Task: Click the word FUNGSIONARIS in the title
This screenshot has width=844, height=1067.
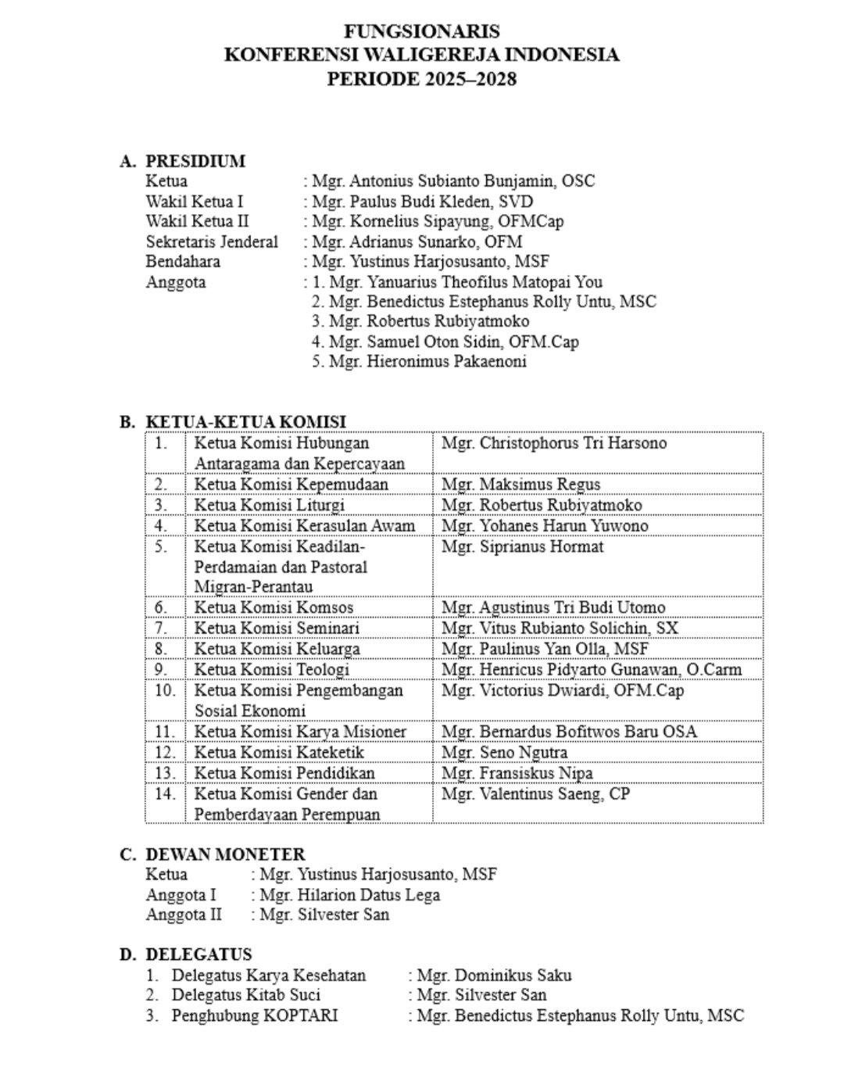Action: tap(421, 31)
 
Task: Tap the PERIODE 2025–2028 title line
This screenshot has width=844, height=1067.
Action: tap(421, 79)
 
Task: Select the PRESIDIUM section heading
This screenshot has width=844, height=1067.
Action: tap(195, 161)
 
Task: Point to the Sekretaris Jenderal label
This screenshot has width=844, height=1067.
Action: tap(212, 242)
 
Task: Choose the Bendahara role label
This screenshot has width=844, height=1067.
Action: tap(183, 262)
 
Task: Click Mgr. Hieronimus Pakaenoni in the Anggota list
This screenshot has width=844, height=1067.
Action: tap(427, 361)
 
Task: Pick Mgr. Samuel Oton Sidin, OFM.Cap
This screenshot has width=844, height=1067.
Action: tap(453, 342)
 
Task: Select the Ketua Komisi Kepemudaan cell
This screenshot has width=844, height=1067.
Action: tap(291, 485)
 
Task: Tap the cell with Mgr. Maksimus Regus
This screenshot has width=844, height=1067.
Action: tap(520, 485)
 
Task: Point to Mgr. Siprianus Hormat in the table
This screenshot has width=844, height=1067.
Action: tap(522, 546)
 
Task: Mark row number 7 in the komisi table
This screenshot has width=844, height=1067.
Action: tap(161, 628)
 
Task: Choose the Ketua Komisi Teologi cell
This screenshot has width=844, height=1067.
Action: tap(271, 670)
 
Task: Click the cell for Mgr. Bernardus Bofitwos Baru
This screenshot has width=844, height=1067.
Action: tap(569, 732)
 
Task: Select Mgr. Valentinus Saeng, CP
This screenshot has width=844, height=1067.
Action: tap(535, 794)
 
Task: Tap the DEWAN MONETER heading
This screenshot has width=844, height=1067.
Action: tap(225, 854)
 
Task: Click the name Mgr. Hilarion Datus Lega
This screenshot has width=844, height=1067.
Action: tap(349, 895)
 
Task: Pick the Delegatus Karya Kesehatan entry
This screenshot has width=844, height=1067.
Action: tap(268, 976)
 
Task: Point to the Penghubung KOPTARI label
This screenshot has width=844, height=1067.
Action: tap(254, 1016)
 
